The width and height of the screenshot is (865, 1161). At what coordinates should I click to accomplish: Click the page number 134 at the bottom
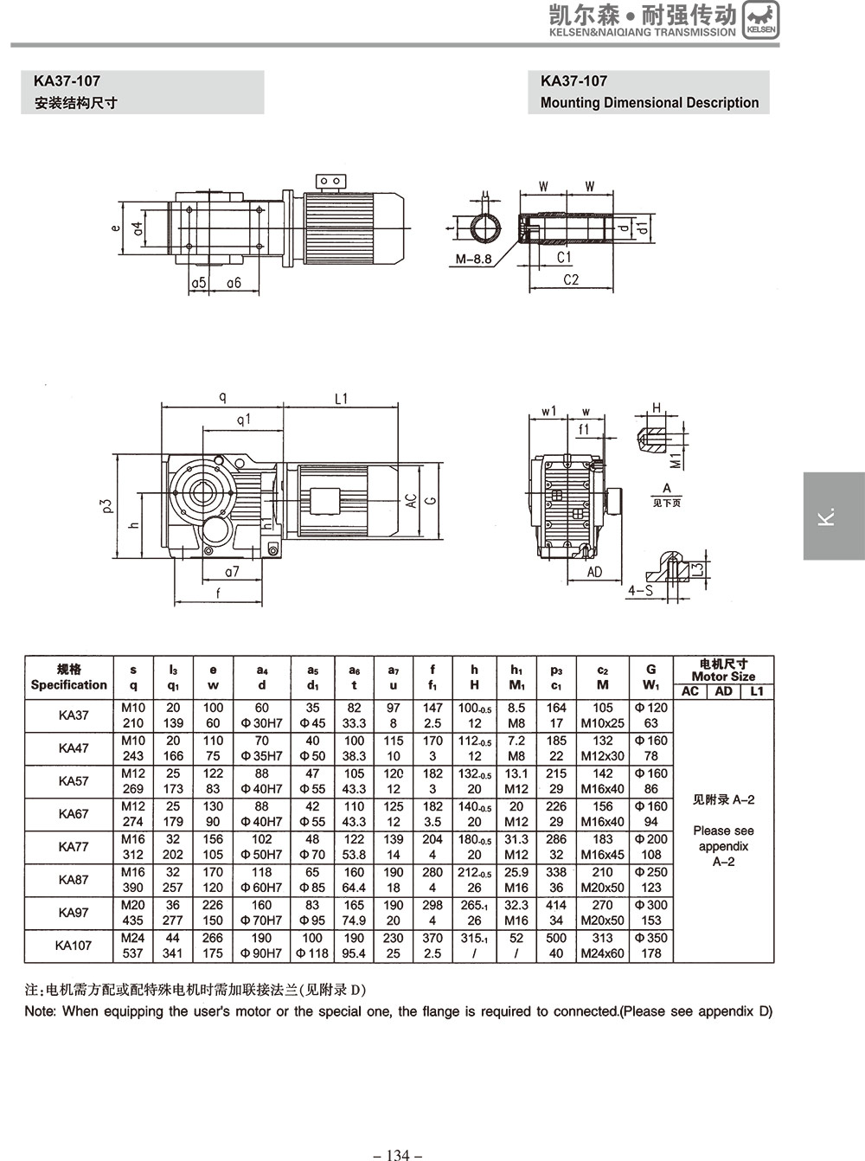pos(398,1154)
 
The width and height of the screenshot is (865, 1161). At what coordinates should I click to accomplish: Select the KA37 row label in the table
pos(74,715)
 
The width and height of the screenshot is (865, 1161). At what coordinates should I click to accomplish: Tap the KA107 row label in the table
pos(74,946)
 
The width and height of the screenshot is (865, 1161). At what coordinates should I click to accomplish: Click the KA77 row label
pos(74,847)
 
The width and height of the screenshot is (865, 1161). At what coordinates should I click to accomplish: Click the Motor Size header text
pos(723,677)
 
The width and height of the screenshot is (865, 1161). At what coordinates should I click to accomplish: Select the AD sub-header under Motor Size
pos(723,691)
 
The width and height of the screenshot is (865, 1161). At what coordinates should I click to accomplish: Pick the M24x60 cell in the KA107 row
pos(603,953)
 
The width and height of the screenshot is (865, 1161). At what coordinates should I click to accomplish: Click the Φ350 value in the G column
pos(651,938)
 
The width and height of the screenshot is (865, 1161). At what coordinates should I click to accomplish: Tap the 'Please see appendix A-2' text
pos(723,846)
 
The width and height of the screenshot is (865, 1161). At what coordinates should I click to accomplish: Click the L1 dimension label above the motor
pos(341,399)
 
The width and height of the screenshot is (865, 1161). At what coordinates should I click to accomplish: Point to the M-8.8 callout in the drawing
pos(473,259)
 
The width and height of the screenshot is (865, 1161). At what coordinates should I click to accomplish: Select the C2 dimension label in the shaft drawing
pos(571,279)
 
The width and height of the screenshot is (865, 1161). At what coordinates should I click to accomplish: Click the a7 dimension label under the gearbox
pos(232,572)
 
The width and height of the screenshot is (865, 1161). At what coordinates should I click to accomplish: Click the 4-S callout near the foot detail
pos(639,590)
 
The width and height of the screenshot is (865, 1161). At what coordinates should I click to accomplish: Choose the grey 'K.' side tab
pos(833,516)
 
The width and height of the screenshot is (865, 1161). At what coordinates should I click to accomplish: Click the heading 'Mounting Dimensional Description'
pos(649,103)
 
